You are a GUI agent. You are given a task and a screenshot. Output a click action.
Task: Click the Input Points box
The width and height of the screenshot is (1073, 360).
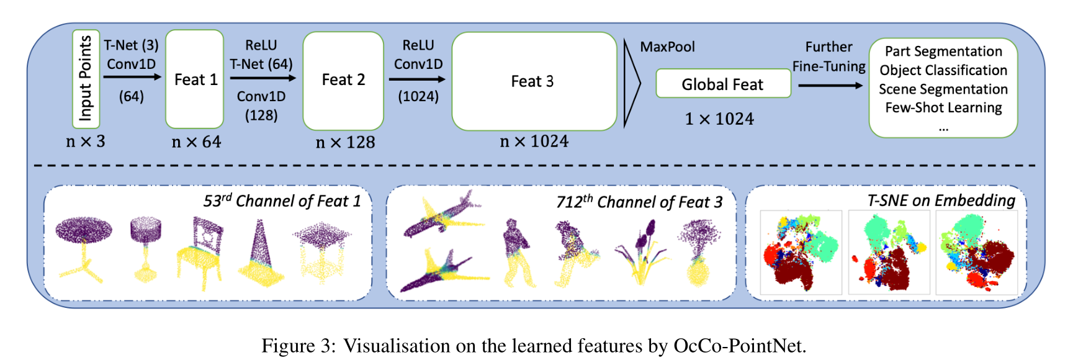point(86,79)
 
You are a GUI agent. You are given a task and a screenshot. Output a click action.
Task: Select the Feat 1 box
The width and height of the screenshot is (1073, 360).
point(195,79)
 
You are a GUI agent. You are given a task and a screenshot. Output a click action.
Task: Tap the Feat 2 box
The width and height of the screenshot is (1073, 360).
point(343,81)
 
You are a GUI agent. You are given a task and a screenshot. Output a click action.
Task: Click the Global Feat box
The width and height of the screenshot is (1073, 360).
point(723,84)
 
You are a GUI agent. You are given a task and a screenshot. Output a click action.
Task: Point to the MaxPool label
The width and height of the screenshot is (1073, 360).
point(667,47)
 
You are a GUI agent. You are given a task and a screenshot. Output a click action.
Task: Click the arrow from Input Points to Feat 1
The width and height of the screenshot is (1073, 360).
point(132,77)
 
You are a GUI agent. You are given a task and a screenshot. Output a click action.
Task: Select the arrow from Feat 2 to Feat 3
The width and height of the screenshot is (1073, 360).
point(417,79)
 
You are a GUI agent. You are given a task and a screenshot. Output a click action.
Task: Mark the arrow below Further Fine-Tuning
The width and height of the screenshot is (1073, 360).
point(830,85)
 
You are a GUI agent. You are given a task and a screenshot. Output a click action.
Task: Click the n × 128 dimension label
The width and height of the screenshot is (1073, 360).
point(346,143)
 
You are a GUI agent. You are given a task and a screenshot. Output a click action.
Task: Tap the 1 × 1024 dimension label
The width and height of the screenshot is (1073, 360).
point(719,119)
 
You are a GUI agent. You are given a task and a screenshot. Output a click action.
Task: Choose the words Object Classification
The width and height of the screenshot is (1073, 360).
point(943,70)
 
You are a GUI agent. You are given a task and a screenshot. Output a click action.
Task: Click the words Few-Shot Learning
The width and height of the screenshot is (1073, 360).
point(943,108)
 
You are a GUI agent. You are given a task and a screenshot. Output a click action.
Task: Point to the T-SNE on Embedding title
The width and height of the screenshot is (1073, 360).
point(941,200)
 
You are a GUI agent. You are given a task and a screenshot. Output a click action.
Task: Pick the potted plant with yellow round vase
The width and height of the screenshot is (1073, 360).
point(699,254)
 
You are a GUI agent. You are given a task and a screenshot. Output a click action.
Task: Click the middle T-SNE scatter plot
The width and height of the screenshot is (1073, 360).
point(889,252)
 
